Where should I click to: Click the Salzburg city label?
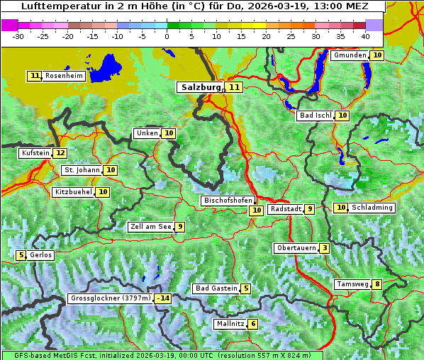pos(201,87)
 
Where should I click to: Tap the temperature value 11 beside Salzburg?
pos(235,87)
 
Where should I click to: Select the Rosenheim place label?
pos(64,76)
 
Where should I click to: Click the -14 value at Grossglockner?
pos(163,298)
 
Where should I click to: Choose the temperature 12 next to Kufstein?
pos(60,153)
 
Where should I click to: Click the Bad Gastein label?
pos(216,288)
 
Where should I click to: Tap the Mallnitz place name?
pos(230,324)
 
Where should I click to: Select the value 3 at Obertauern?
pos(324,248)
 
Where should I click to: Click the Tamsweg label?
pos(352,284)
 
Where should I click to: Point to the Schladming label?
pos(372,208)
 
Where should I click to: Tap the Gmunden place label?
pos(350,55)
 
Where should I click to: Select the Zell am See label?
pos(151,227)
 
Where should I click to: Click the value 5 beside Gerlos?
pos(21,255)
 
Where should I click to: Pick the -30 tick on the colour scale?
pos(18,36)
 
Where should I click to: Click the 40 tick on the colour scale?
pos(365,36)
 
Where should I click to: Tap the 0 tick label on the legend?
pos(167,36)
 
